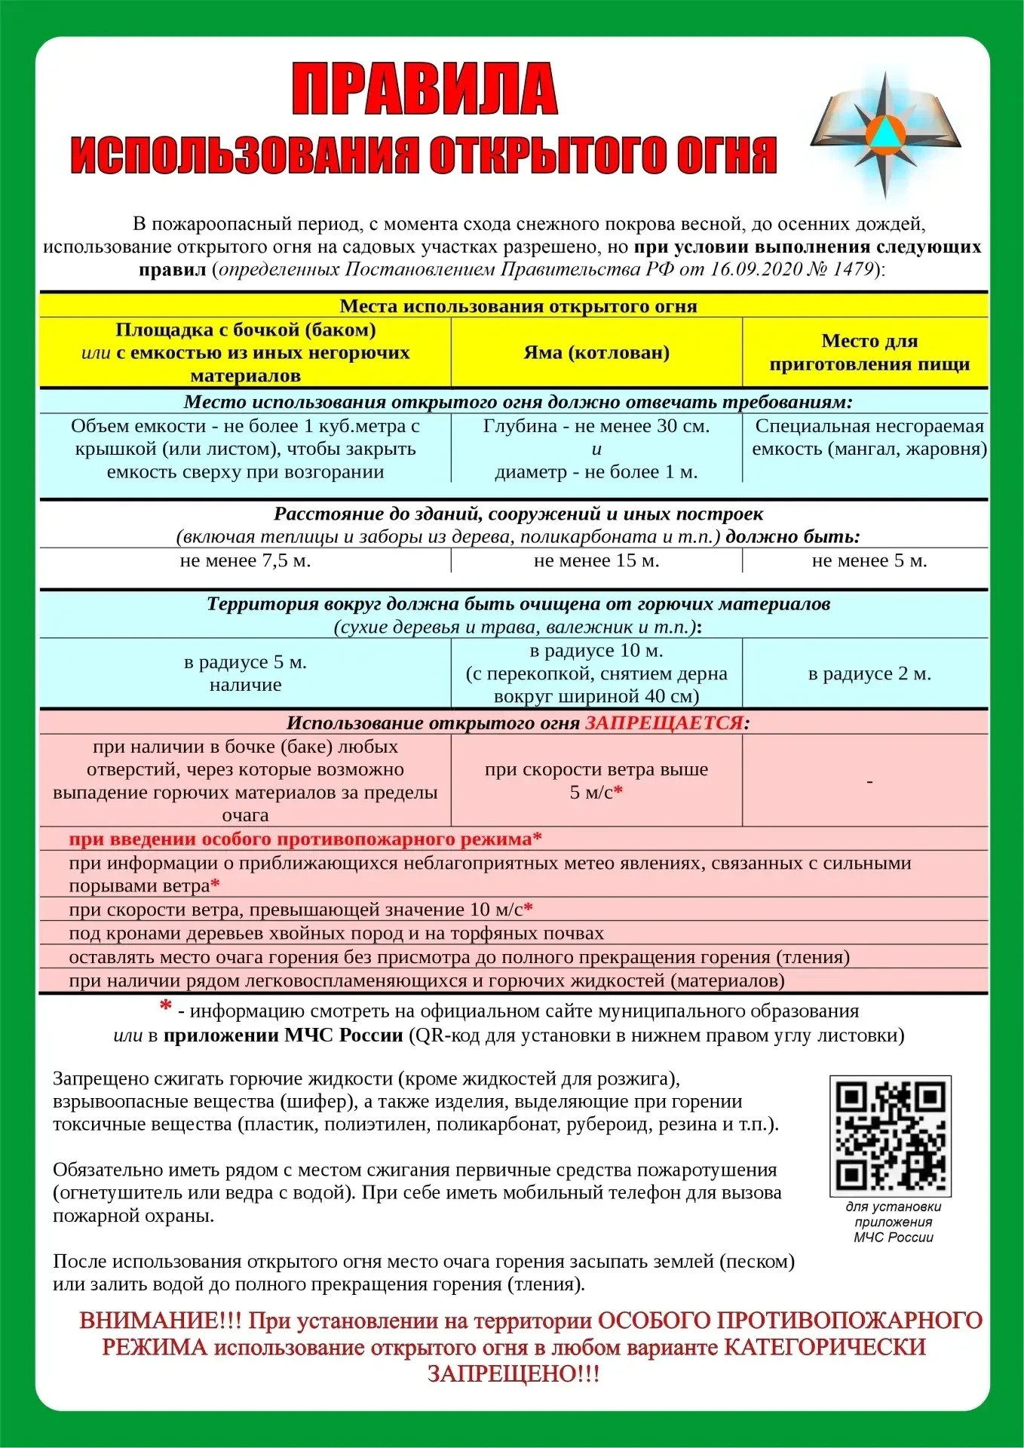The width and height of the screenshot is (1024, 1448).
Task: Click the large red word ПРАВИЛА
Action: [425, 90]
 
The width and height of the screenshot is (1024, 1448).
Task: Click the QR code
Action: [891, 1135]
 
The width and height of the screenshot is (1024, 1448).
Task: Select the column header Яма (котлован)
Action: [596, 353]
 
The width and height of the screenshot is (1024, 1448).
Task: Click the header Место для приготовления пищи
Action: [869, 352]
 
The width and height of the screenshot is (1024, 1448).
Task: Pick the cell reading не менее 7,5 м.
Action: [245, 561]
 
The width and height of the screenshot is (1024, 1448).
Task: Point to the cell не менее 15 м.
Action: [596, 561]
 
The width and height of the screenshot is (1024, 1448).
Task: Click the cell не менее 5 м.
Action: [869, 561]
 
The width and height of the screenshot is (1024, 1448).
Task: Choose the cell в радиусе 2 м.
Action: [869, 673]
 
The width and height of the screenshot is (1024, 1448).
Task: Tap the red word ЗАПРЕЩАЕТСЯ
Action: [664, 723]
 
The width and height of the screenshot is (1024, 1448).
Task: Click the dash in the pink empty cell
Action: [869, 782]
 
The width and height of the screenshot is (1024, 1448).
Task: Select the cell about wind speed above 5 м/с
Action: [596, 781]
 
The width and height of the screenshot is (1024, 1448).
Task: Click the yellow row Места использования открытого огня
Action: [518, 306]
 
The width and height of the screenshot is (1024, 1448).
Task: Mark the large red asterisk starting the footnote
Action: [165, 1007]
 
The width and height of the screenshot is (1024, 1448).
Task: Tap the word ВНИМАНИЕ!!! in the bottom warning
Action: [161, 1321]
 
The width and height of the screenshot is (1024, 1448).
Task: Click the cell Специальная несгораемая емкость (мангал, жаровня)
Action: [869, 437]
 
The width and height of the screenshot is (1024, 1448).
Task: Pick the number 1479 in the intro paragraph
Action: [852, 270]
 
